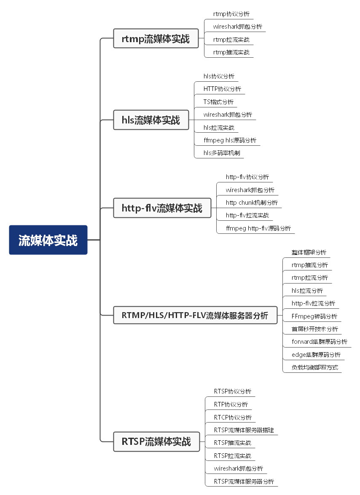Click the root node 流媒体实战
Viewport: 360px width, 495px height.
click(x=48, y=240)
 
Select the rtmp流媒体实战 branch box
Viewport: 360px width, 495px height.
click(x=156, y=38)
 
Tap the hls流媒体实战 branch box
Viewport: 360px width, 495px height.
click(x=151, y=120)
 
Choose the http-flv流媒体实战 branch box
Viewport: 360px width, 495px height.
click(x=162, y=208)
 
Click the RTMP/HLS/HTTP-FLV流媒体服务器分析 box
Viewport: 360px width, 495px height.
click(x=195, y=315)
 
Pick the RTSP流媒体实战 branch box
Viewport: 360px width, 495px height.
click(x=156, y=441)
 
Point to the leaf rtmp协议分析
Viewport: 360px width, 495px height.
click(x=231, y=14)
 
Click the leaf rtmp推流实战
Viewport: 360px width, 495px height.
click(x=231, y=52)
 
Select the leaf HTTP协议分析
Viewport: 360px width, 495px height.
click(x=222, y=89)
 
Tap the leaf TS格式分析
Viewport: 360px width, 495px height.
click(x=218, y=102)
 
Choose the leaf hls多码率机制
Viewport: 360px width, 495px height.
click(x=222, y=153)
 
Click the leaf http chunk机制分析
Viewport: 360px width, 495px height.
click(x=252, y=203)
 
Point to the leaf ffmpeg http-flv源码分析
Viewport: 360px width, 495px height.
click(x=258, y=228)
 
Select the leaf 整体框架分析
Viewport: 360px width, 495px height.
click(x=309, y=252)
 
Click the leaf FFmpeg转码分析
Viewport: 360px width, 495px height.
click(x=314, y=316)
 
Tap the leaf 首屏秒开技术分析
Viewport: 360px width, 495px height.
click(x=314, y=329)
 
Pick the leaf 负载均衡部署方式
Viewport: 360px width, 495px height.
click(x=314, y=367)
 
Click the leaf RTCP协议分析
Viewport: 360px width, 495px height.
click(x=233, y=417)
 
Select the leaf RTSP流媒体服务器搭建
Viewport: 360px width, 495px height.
click(x=244, y=430)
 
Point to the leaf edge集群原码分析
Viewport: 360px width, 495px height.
click(x=316, y=355)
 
